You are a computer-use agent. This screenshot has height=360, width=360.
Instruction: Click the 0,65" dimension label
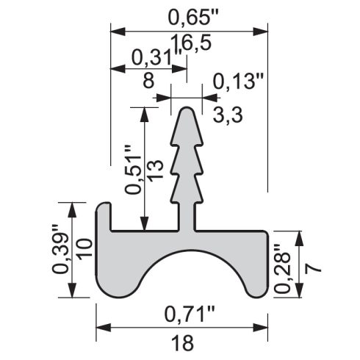(193, 18)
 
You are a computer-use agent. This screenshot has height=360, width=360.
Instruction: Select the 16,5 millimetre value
(191, 43)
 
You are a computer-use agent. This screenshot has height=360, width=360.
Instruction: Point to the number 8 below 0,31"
(148, 80)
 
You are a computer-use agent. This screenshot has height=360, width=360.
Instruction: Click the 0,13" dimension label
(238, 82)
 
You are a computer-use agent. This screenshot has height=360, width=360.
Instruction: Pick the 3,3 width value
(228, 115)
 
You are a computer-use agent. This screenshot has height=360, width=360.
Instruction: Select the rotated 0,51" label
(133, 170)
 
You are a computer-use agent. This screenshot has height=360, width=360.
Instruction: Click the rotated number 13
(155, 170)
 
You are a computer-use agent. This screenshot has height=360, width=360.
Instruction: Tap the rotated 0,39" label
(60, 248)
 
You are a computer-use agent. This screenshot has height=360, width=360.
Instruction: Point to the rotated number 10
(84, 248)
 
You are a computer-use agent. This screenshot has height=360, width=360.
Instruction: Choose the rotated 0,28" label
(283, 268)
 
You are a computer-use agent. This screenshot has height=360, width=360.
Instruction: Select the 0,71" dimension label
(190, 314)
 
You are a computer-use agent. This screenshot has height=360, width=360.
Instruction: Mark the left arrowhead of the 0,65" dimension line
(118, 32)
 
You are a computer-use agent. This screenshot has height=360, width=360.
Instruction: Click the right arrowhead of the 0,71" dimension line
(260, 327)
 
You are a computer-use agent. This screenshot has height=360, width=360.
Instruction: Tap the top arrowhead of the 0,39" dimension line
(72, 210)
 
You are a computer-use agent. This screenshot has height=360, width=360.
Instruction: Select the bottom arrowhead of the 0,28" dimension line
(300, 290)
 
